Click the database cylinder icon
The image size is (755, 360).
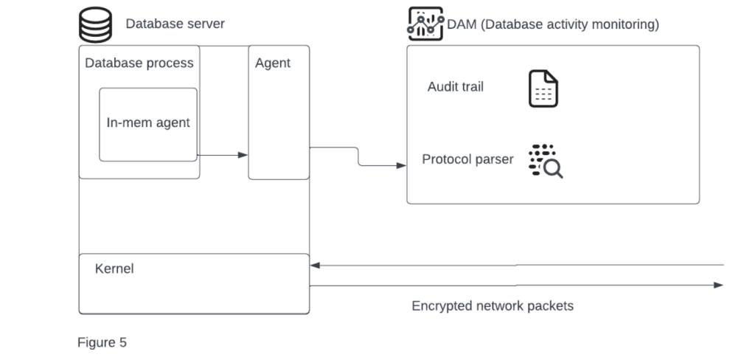click(96, 24)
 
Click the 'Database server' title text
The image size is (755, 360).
click(175, 24)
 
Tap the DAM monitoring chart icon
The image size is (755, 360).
click(425, 24)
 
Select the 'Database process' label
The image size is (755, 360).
click(139, 63)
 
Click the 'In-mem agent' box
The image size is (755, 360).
click(148, 123)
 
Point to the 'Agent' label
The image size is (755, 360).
click(273, 63)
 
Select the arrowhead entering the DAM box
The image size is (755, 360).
click(402, 165)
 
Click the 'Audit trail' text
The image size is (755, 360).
click(456, 86)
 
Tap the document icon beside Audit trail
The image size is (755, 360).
click(543, 89)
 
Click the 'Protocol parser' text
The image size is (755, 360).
click(467, 159)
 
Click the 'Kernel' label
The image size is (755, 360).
click(114, 269)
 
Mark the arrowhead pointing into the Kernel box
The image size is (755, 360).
click(315, 265)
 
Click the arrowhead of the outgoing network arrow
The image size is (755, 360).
click(719, 285)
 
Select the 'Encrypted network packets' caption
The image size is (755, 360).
click(493, 305)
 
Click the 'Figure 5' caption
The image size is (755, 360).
click(102, 342)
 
